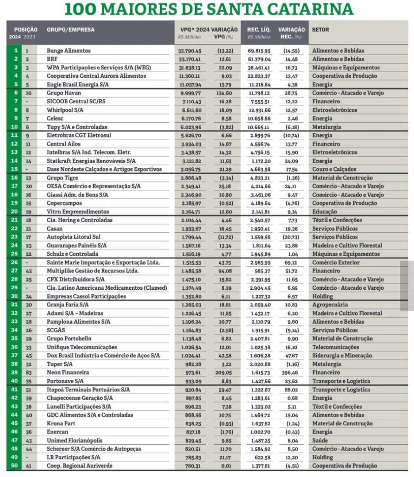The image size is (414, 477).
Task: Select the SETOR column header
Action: pyautogui.click(x=320, y=30)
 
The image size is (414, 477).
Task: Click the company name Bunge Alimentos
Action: pyautogui.click(x=69, y=51)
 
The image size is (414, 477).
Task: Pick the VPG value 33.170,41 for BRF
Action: pyautogui.click(x=189, y=59)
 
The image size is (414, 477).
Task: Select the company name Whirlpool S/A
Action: pyautogui.click(x=65, y=110)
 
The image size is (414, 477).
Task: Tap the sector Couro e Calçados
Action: pyautogui.click(x=334, y=170)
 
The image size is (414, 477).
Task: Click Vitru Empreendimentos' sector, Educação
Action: pyautogui.click(x=324, y=212)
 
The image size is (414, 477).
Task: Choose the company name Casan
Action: pyautogui.click(x=55, y=229)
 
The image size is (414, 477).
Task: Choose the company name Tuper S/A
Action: pyautogui.click(x=60, y=364)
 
